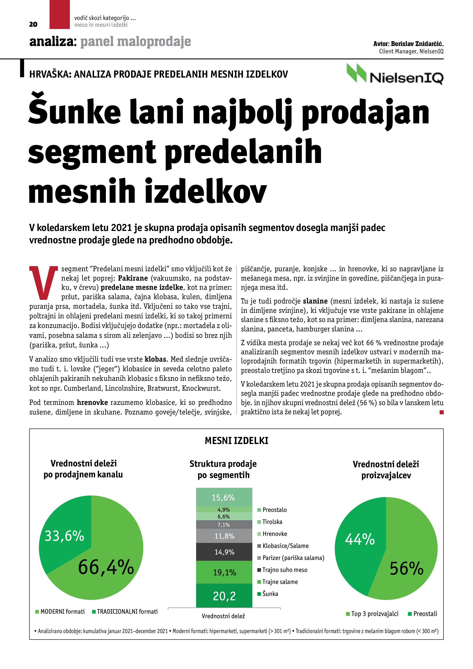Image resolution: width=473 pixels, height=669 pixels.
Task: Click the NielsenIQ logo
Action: tap(395, 74)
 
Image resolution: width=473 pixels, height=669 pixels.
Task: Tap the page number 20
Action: tap(33, 24)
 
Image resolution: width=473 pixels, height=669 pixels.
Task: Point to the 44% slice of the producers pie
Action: tap(360, 539)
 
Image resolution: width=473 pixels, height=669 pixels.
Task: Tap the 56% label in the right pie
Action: tap(407, 569)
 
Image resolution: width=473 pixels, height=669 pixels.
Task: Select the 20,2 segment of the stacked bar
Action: tap(224, 596)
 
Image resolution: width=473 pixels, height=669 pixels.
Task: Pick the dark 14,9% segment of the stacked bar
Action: tap(224, 552)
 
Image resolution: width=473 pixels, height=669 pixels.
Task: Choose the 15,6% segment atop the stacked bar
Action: tap(224, 497)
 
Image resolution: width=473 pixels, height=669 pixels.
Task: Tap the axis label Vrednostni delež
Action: tap(223, 616)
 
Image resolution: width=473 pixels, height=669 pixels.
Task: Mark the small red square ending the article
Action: tap(442, 412)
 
